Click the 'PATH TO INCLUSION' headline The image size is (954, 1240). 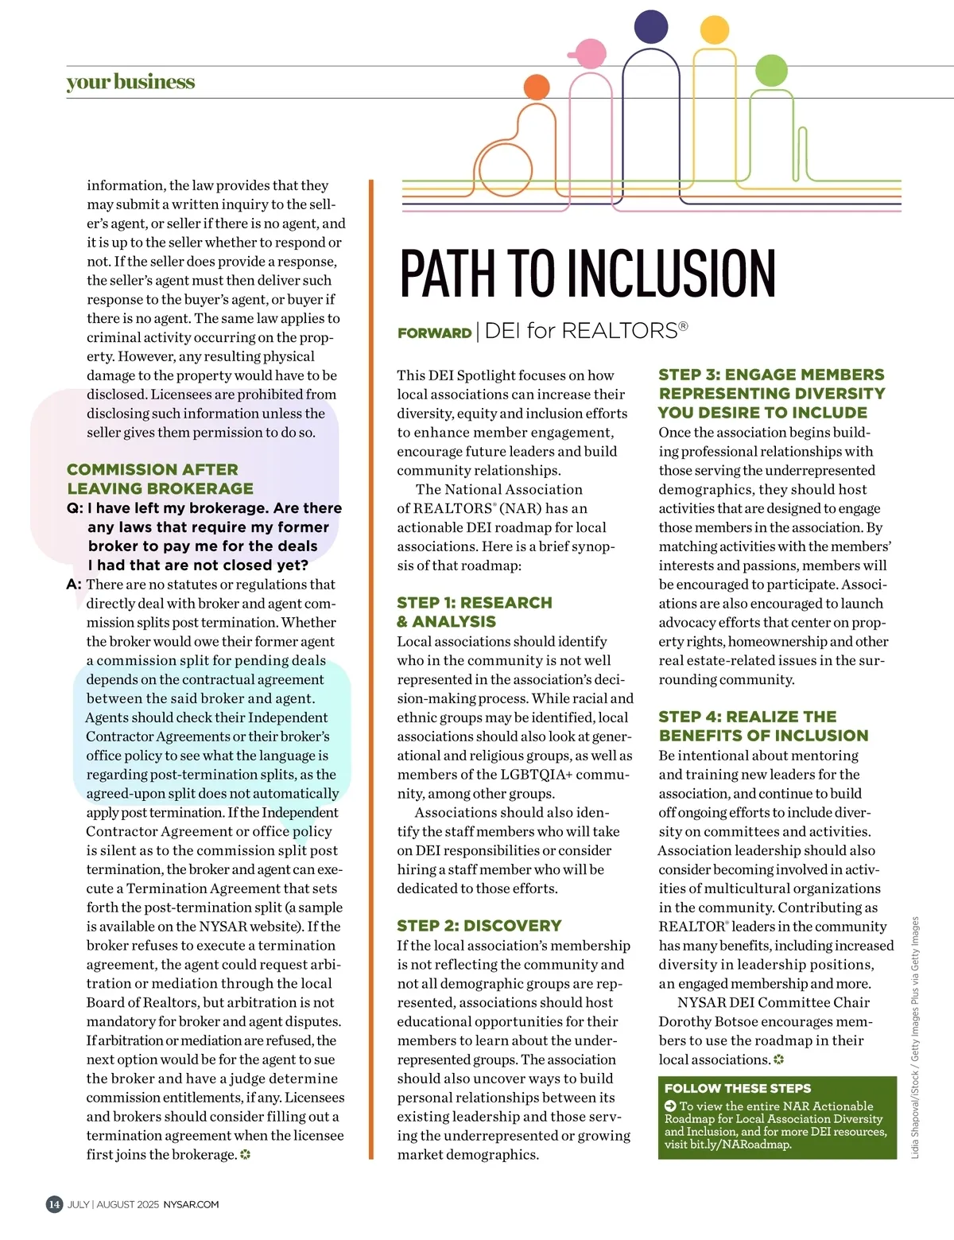pos(588,273)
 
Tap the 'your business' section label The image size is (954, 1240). pos(130,83)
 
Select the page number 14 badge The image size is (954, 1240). pos(54,1203)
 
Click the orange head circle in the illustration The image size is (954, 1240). pos(537,87)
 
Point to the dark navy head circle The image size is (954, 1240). pos(651,27)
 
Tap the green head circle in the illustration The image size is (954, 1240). pos(770,71)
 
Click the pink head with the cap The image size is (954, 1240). pos(590,55)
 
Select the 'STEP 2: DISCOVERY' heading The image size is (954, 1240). pos(479,926)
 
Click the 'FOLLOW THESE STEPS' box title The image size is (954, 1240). pos(738,1088)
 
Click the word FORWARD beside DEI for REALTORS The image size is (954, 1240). pos(435,333)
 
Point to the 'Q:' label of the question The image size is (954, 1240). pos(75,508)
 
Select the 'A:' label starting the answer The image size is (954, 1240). pos(74,585)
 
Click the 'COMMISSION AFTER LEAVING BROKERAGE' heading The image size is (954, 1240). pos(160,479)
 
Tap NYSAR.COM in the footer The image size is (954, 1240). pos(191,1204)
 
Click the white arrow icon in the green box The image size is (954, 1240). pos(670,1106)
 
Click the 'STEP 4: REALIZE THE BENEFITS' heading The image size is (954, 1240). pos(763,726)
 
